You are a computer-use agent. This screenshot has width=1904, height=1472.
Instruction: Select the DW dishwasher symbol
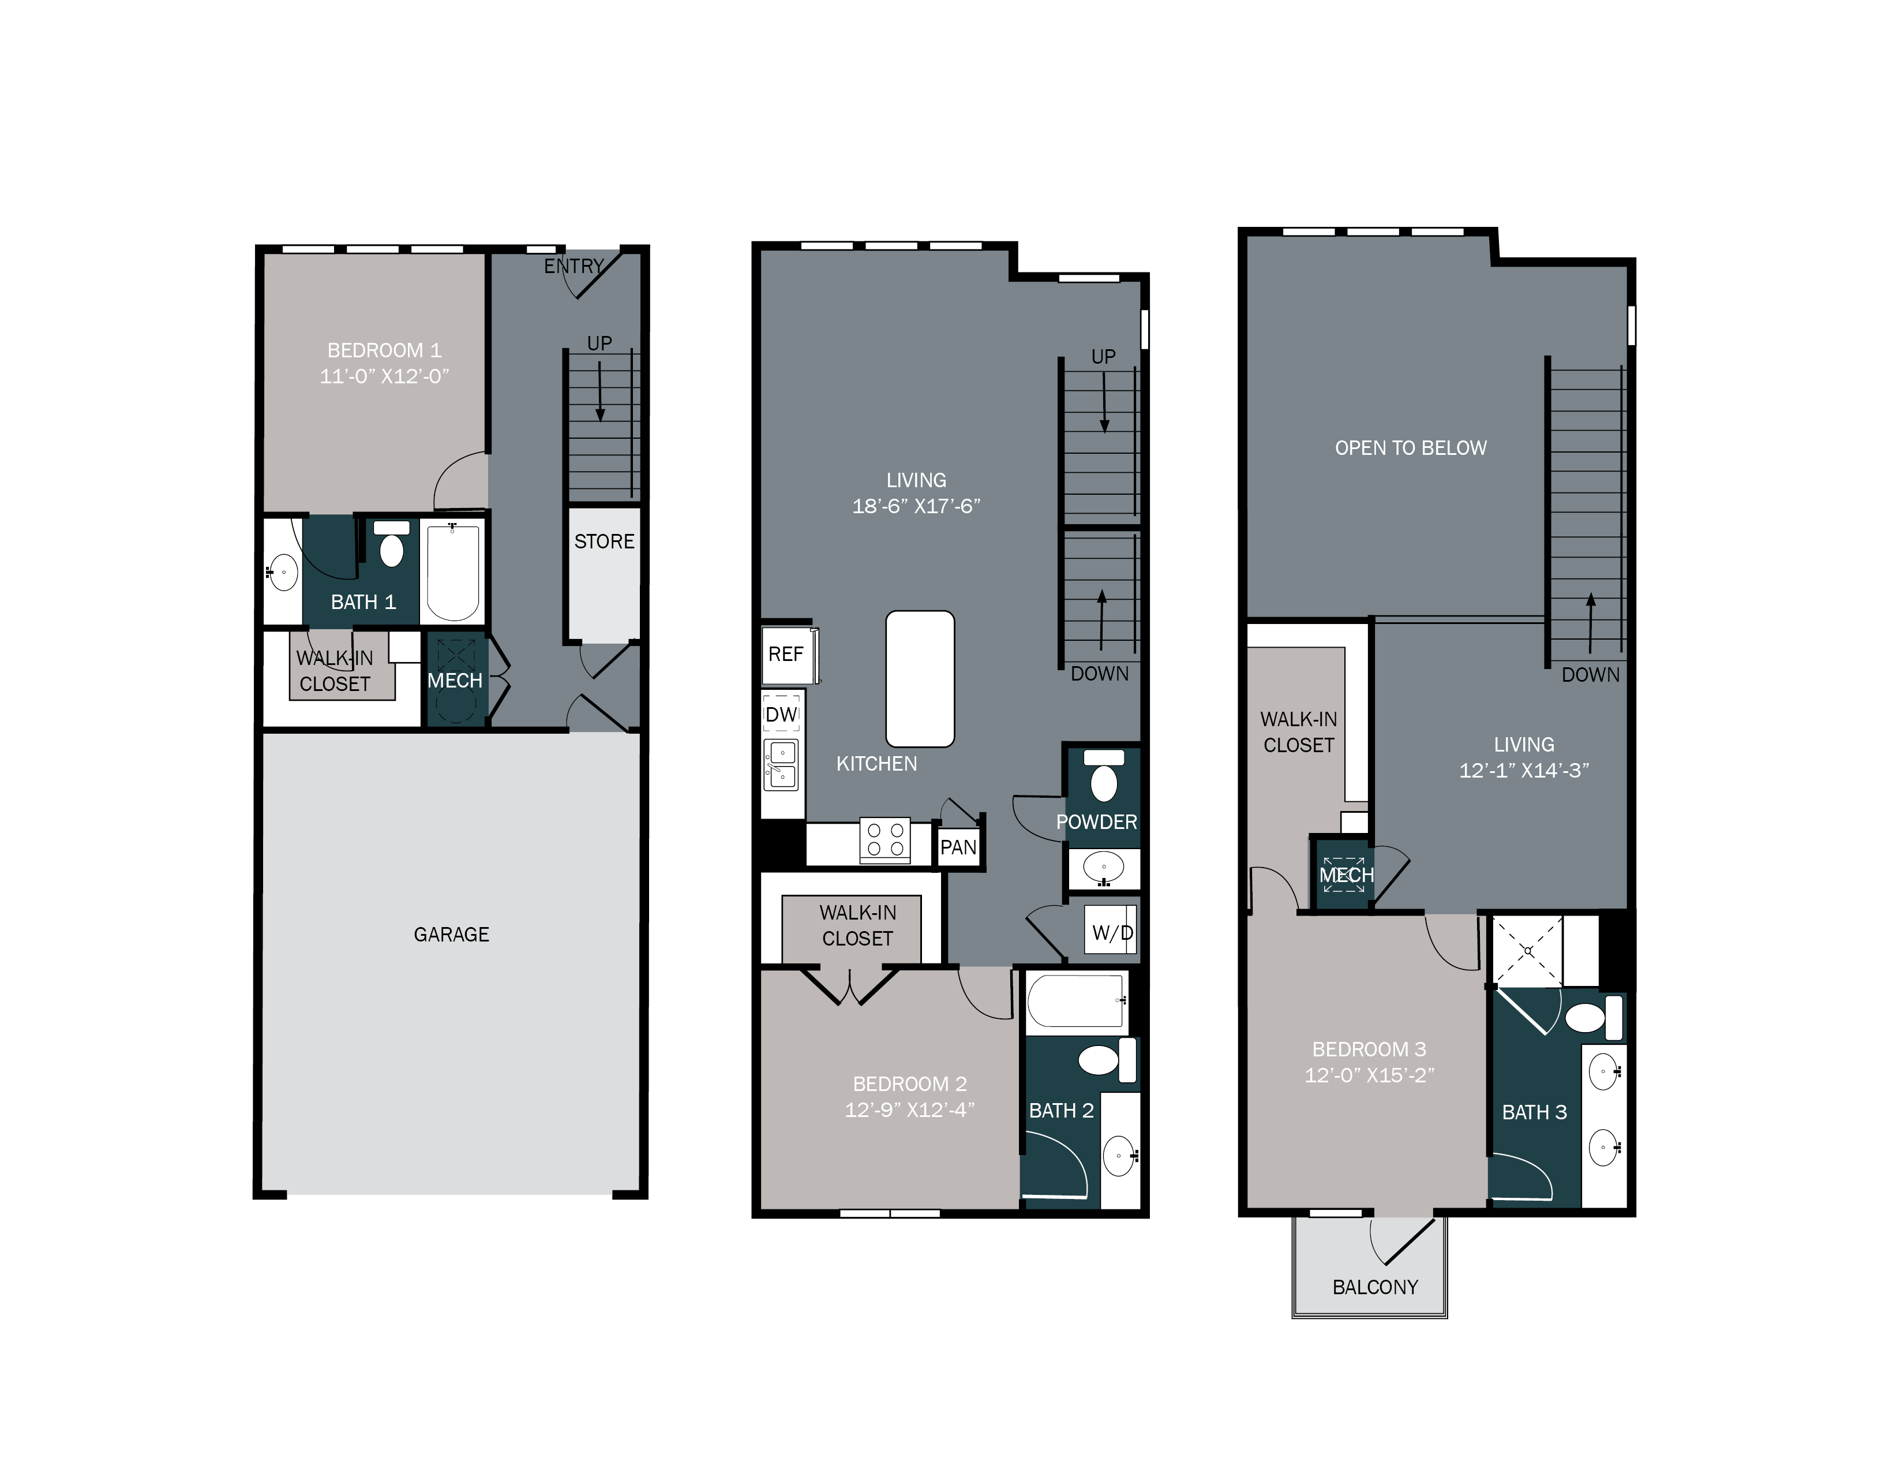(781, 714)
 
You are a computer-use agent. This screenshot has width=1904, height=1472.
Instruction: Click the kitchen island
(920, 678)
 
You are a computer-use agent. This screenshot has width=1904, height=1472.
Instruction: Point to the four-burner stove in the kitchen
(885, 840)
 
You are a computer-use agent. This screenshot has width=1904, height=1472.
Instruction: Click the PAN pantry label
(958, 847)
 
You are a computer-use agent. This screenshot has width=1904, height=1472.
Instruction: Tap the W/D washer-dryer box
(1112, 933)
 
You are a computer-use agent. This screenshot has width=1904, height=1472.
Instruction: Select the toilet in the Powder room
(1104, 776)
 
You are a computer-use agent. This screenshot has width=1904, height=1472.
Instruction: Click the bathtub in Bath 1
(452, 571)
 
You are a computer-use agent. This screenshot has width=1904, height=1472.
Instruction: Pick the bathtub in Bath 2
(1076, 1001)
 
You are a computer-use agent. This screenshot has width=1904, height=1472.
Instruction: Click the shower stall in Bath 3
(1527, 951)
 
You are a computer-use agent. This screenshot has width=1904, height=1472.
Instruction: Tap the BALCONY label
(1375, 1287)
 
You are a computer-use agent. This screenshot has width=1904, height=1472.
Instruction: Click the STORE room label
(604, 541)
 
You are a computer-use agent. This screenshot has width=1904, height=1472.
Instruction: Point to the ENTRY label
(574, 266)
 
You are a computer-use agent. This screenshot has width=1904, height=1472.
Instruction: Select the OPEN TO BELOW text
(1411, 448)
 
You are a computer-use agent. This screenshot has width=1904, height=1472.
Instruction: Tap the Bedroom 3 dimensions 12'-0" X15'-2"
(1369, 1075)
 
